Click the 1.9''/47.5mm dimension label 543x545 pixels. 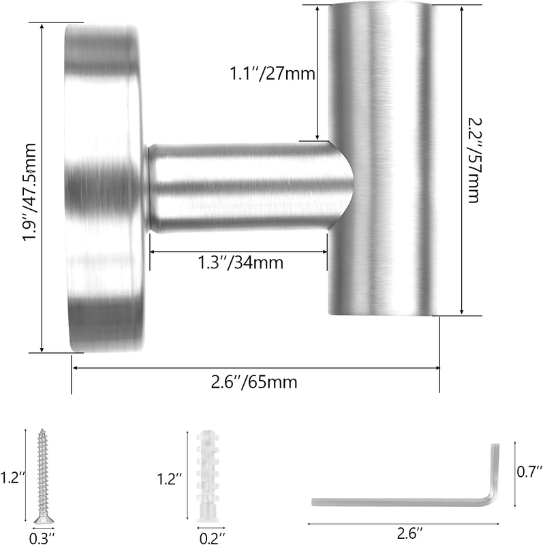coord(29,192)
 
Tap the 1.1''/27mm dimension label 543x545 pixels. coord(273,74)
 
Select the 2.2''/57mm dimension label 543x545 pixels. coord(473,160)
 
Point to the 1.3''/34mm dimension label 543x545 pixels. coord(241,262)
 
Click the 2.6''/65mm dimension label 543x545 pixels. coord(254,382)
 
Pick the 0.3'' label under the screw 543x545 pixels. coord(42,538)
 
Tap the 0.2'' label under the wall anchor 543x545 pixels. coord(213,538)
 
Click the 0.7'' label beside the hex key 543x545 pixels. coord(529,471)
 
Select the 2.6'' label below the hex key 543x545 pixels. coord(410,533)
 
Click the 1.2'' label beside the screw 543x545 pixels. coord(13,478)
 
